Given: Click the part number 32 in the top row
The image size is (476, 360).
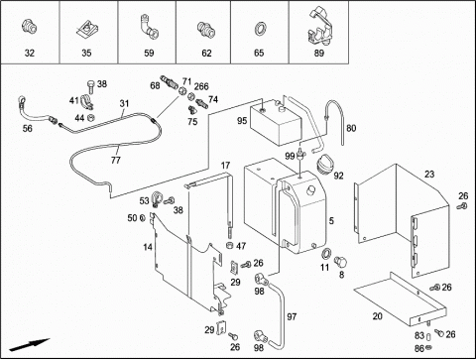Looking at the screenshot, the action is click(30, 53).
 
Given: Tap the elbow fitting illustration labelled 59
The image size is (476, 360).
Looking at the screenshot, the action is click(149, 26).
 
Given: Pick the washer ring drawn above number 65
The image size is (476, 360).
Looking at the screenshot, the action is click(261, 29).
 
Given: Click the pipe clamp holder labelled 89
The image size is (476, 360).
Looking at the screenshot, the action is click(319, 28).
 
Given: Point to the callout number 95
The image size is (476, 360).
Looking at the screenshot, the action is click(242, 121).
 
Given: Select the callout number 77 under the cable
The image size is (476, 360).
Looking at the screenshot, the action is click(116, 161).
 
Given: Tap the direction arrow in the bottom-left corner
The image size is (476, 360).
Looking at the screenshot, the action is click(29, 344).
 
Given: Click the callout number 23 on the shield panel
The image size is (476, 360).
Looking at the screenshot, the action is click(429, 175).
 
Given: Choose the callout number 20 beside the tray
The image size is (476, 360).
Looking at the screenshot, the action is click(377, 316).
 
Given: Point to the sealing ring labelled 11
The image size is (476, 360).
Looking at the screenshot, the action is click(326, 253).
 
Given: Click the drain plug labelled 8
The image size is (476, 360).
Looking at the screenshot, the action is click(340, 262).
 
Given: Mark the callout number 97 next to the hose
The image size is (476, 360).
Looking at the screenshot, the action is click(292, 317).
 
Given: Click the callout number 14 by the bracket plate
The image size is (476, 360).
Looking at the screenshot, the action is click(148, 247).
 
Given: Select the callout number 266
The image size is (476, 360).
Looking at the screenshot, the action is click(201, 86).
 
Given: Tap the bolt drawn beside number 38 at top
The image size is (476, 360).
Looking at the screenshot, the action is click(91, 86).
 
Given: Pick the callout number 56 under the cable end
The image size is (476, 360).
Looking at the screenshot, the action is click(28, 128).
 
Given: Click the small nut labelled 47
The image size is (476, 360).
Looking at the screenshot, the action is click(229, 245).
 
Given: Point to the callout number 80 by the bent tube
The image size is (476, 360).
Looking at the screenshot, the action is click(351, 128).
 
